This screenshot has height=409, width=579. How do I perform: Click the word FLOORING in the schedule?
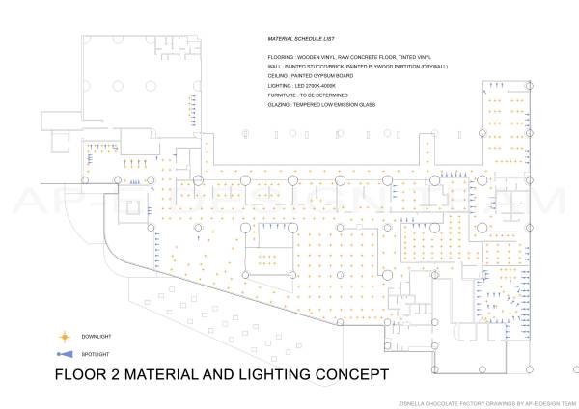(281, 58)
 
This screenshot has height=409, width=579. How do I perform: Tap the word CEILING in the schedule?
(278, 76)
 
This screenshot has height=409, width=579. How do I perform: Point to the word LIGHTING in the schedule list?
(280, 87)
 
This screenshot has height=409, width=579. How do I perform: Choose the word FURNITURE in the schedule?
(283, 96)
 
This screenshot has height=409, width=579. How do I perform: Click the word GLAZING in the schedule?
(280, 105)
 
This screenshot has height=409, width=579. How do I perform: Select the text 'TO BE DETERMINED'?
(324, 96)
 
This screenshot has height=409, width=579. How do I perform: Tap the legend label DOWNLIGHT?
(96, 336)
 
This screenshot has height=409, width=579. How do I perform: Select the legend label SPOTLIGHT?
(96, 354)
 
